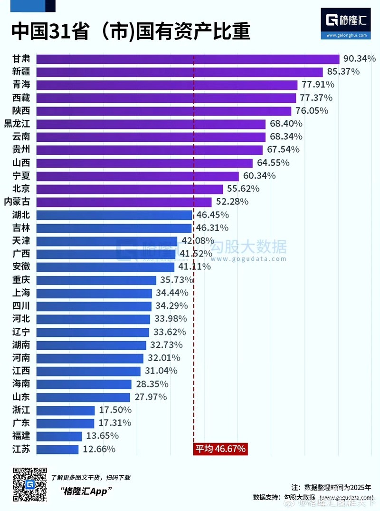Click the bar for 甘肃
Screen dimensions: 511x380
pos(188,59)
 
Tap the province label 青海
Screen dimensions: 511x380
pos(21,85)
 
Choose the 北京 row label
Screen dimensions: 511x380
pos(21,189)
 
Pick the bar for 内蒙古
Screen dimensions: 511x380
pos(123,202)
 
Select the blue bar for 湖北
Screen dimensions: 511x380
pos(114,215)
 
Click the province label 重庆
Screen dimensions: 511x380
pos(21,280)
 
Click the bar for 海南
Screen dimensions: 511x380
pos(84,384)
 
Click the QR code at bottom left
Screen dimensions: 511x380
pos(29,484)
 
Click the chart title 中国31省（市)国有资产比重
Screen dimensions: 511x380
pos(131,32)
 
